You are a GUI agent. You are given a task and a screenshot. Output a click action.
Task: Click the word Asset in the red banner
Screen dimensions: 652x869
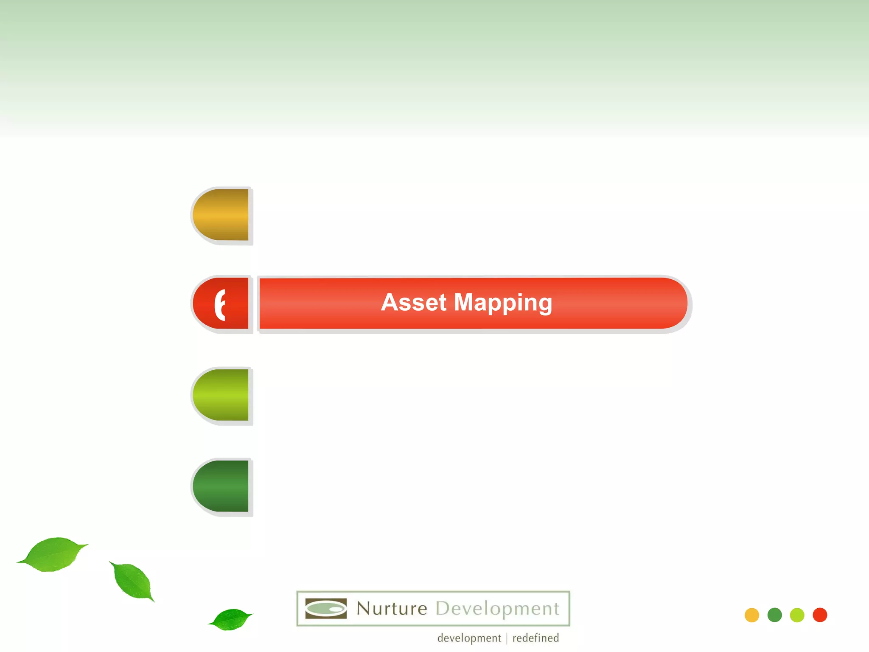pyautogui.click(x=413, y=303)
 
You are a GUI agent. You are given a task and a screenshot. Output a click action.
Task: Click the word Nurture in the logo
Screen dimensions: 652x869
pyautogui.click(x=392, y=609)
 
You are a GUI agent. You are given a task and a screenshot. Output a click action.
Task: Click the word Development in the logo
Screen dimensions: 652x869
pyautogui.click(x=497, y=609)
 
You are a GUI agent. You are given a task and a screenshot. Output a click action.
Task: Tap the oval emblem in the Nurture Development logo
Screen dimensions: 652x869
pyautogui.click(x=326, y=609)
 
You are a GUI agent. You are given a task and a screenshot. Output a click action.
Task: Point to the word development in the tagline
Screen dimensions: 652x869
pyautogui.click(x=469, y=638)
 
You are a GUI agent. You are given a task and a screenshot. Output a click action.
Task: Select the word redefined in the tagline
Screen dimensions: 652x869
pyautogui.click(x=535, y=638)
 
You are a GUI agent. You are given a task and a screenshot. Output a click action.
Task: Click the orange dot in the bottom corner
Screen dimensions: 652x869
pyautogui.click(x=751, y=615)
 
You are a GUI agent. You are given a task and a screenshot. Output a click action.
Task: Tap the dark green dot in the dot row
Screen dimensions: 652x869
pyautogui.click(x=774, y=615)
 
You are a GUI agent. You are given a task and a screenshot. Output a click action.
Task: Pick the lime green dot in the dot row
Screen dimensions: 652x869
pyautogui.click(x=797, y=615)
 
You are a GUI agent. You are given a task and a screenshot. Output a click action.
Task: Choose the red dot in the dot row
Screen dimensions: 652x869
pyautogui.click(x=820, y=615)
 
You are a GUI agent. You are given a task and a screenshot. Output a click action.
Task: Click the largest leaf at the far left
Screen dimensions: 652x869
pyautogui.click(x=53, y=554)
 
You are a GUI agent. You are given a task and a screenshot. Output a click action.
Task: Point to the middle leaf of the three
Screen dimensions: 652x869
pyautogui.click(x=132, y=580)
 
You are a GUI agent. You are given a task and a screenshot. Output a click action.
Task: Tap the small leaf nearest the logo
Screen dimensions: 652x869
pyautogui.click(x=230, y=619)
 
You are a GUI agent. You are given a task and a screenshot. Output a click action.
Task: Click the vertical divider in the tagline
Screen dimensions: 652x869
pyautogui.click(x=507, y=638)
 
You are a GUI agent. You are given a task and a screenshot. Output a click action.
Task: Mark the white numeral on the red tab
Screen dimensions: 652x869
pyautogui.click(x=219, y=304)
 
